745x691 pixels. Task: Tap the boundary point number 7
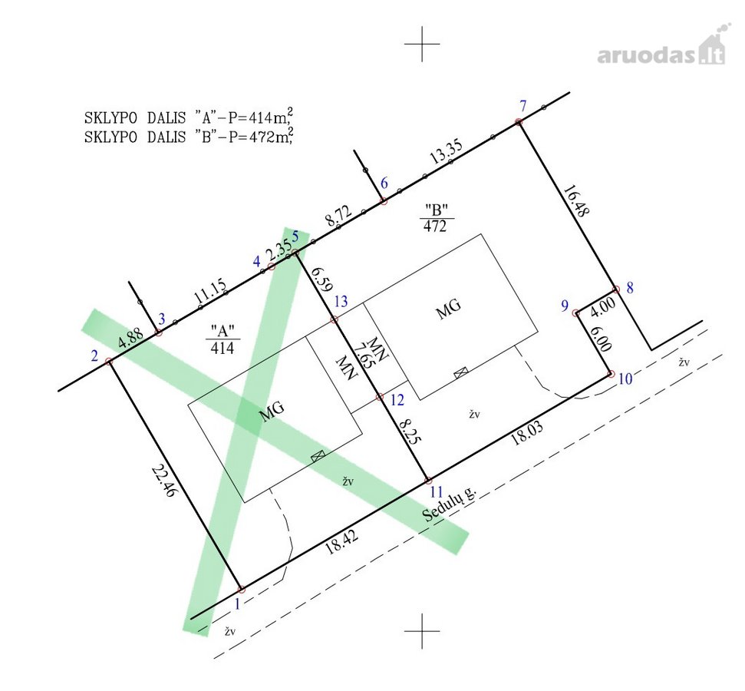point(523,106)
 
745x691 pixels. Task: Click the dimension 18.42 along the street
point(341,542)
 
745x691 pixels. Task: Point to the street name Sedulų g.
point(449,504)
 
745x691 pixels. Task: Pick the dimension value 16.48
point(576,200)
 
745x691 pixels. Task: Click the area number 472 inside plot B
point(435,226)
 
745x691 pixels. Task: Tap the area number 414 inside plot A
point(222,348)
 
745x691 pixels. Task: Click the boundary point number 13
point(341,302)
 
